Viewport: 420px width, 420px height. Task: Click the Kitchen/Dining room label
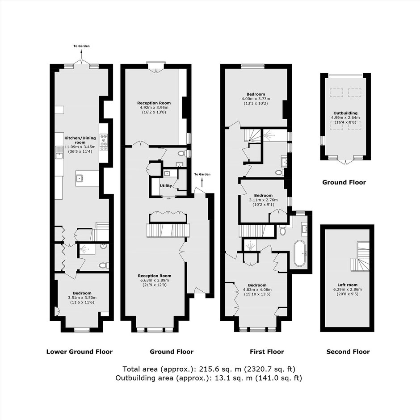[80, 140]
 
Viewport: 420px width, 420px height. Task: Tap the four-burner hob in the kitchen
[104, 142]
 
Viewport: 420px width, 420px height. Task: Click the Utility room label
[166, 185]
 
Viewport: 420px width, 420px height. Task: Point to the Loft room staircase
[360, 256]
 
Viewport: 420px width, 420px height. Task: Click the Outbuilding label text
[345, 113]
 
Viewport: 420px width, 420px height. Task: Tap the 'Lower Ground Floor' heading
[80, 352]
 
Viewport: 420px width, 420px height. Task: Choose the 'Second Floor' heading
[348, 352]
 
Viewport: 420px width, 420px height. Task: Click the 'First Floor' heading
[267, 352]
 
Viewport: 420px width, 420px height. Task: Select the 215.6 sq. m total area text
[209, 369]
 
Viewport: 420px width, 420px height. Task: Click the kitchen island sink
[79, 178]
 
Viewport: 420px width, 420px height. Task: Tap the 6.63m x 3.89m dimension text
[155, 280]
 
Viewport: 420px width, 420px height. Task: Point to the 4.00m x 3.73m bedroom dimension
[256, 99]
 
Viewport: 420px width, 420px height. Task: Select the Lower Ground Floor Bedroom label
[82, 293]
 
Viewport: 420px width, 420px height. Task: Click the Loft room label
[348, 285]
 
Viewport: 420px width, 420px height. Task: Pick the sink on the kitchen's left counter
[59, 153]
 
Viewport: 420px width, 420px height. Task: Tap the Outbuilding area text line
[209, 378]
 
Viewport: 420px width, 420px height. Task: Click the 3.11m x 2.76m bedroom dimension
[263, 200]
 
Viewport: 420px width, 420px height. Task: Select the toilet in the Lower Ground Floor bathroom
[103, 265]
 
